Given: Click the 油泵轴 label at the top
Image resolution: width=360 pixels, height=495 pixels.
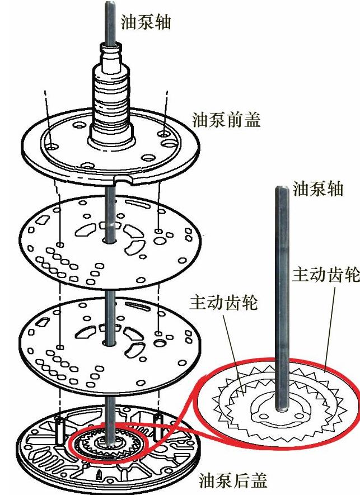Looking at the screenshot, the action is point(146,22).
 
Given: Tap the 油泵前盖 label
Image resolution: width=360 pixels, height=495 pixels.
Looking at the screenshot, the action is point(226,120).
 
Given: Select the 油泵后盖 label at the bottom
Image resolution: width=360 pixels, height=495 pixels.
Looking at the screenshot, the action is point(233,480).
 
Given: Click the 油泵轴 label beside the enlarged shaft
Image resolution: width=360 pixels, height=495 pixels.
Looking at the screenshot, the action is point(318,189).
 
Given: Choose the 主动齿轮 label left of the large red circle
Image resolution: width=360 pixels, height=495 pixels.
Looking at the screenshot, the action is point(224,302).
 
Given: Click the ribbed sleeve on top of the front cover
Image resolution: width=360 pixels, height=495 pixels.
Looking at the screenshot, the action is point(111,98).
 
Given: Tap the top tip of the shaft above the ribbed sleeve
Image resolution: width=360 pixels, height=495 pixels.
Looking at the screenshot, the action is point(109,3).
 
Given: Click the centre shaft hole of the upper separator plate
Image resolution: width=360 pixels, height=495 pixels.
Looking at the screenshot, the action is point(109,241).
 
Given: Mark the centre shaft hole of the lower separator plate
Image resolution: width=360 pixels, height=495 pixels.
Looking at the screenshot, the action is point(109,342).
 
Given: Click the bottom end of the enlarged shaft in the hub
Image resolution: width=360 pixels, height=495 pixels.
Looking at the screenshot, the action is point(281,409).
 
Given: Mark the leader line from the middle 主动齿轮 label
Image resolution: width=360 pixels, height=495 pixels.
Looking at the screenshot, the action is point(233,355).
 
